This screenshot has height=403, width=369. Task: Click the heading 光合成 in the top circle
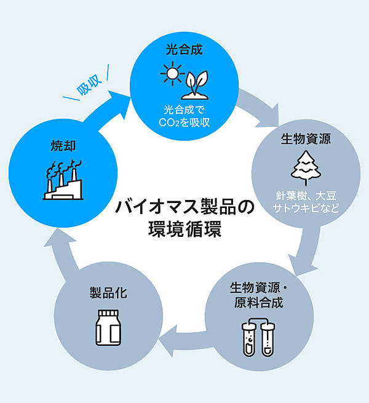coord(184,49)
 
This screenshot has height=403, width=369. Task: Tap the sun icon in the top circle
coord(173,75)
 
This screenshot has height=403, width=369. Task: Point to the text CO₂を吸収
coord(184,122)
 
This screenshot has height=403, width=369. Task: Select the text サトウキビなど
coord(306,209)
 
